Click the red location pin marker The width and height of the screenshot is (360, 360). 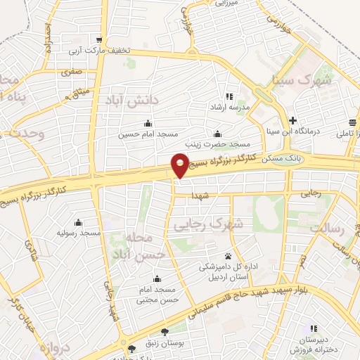(181, 165)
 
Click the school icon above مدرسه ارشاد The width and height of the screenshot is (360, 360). (229, 96)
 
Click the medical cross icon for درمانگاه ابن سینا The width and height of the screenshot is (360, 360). (292, 120)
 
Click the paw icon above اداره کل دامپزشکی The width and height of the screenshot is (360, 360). (229, 256)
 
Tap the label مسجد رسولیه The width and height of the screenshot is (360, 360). (80, 233)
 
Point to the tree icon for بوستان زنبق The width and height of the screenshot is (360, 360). (165, 331)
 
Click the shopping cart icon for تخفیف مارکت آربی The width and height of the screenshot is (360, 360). (102, 39)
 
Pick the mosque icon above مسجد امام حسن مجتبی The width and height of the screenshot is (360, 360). (156, 278)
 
